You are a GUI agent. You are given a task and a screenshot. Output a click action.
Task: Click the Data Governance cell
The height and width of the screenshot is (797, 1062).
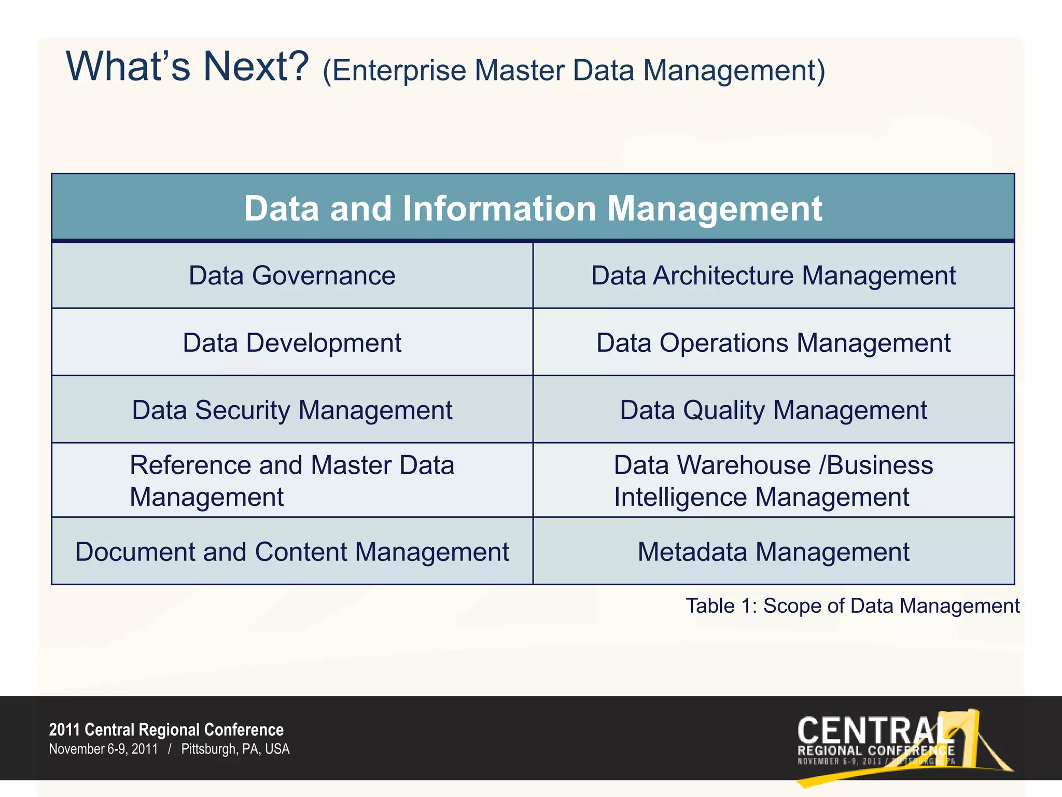tap(292, 276)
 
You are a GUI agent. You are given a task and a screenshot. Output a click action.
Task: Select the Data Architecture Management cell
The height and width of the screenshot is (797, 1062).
tap(773, 276)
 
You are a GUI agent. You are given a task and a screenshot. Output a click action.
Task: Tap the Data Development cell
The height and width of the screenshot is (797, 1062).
tap(292, 342)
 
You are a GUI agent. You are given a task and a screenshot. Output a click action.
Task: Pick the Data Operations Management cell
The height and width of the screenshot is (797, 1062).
tap(773, 342)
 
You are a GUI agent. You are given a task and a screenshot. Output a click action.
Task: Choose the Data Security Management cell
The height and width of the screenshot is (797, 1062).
tap(292, 410)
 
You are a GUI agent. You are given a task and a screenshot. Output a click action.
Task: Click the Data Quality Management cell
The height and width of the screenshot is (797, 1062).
tap(773, 410)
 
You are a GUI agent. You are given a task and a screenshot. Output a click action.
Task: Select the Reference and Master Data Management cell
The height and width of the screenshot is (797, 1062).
tap(292, 480)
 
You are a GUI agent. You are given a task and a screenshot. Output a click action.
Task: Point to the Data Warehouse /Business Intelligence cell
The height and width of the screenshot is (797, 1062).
tap(773, 480)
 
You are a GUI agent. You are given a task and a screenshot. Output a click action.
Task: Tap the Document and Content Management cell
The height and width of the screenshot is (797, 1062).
tap(292, 552)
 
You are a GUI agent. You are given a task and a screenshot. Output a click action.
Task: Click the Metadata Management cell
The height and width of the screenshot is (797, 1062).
tap(773, 552)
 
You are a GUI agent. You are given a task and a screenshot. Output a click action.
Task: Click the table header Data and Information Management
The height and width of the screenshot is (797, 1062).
tap(533, 208)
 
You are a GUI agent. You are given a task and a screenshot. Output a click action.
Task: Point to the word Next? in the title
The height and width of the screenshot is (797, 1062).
tap(256, 66)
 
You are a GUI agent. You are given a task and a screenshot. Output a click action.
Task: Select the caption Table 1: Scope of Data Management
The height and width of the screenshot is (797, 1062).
tap(853, 606)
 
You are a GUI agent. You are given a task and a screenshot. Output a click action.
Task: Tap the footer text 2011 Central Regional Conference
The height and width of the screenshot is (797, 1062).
tap(166, 730)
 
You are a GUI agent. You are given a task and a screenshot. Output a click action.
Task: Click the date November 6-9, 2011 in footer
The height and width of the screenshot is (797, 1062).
tap(103, 749)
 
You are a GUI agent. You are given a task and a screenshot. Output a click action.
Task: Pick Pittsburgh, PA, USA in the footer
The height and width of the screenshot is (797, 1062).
tap(235, 749)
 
